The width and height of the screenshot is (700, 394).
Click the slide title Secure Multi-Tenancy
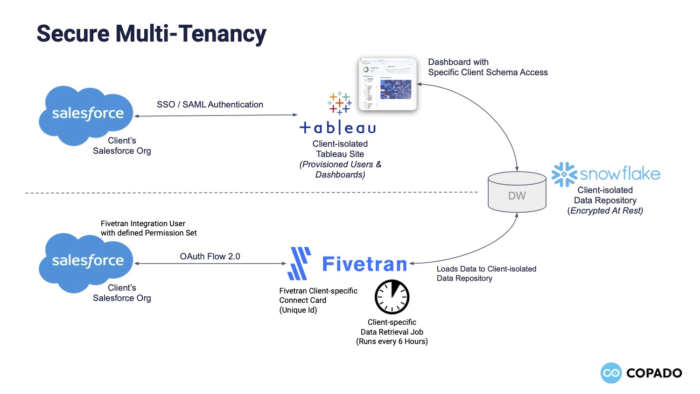click(151, 34)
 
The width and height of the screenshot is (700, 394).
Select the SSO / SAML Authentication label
click(210, 105)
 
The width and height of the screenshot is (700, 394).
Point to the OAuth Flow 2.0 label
click(210, 257)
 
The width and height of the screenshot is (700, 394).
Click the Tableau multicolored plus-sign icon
click(339, 103)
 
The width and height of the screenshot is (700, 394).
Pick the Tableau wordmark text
click(338, 128)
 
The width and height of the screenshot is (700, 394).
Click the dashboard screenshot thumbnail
click(387, 84)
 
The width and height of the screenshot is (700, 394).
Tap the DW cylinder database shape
click(517, 192)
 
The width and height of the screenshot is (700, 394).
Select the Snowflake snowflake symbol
click(564, 174)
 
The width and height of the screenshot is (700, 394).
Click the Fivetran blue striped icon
click(299, 264)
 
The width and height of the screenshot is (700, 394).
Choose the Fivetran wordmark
click(364, 265)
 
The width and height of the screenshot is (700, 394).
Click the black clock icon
click(392, 297)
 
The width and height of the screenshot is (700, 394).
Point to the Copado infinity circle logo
click(611, 373)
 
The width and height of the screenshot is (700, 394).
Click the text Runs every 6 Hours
click(392, 342)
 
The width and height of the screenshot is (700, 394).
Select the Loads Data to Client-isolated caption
click(486, 269)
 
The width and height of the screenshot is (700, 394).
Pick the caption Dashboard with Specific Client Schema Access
click(488, 67)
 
